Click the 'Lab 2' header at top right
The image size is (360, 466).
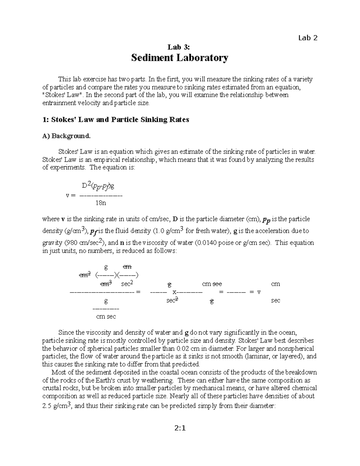click(307, 38)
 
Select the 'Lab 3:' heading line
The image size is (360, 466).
click(179, 47)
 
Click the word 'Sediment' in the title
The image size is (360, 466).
click(152, 58)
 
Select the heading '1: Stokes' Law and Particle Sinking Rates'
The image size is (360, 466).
click(116, 120)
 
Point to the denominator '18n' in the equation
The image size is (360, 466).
click(101, 203)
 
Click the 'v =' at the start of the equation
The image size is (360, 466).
click(71, 195)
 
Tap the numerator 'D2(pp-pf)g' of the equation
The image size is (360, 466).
click(98, 186)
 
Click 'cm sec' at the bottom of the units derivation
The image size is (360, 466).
click(106, 317)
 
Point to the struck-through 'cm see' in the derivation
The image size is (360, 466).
click(212, 284)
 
